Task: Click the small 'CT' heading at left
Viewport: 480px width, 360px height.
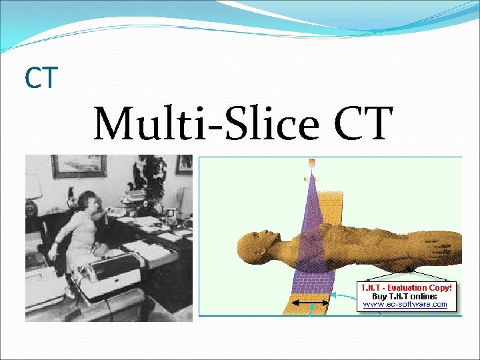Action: pos(41,78)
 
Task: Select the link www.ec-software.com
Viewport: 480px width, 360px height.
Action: pos(405,304)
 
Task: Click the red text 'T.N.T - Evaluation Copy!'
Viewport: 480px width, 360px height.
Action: pos(405,287)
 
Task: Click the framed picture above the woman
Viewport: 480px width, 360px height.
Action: pos(78,166)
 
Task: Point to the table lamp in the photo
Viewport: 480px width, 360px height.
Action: pos(33,193)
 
